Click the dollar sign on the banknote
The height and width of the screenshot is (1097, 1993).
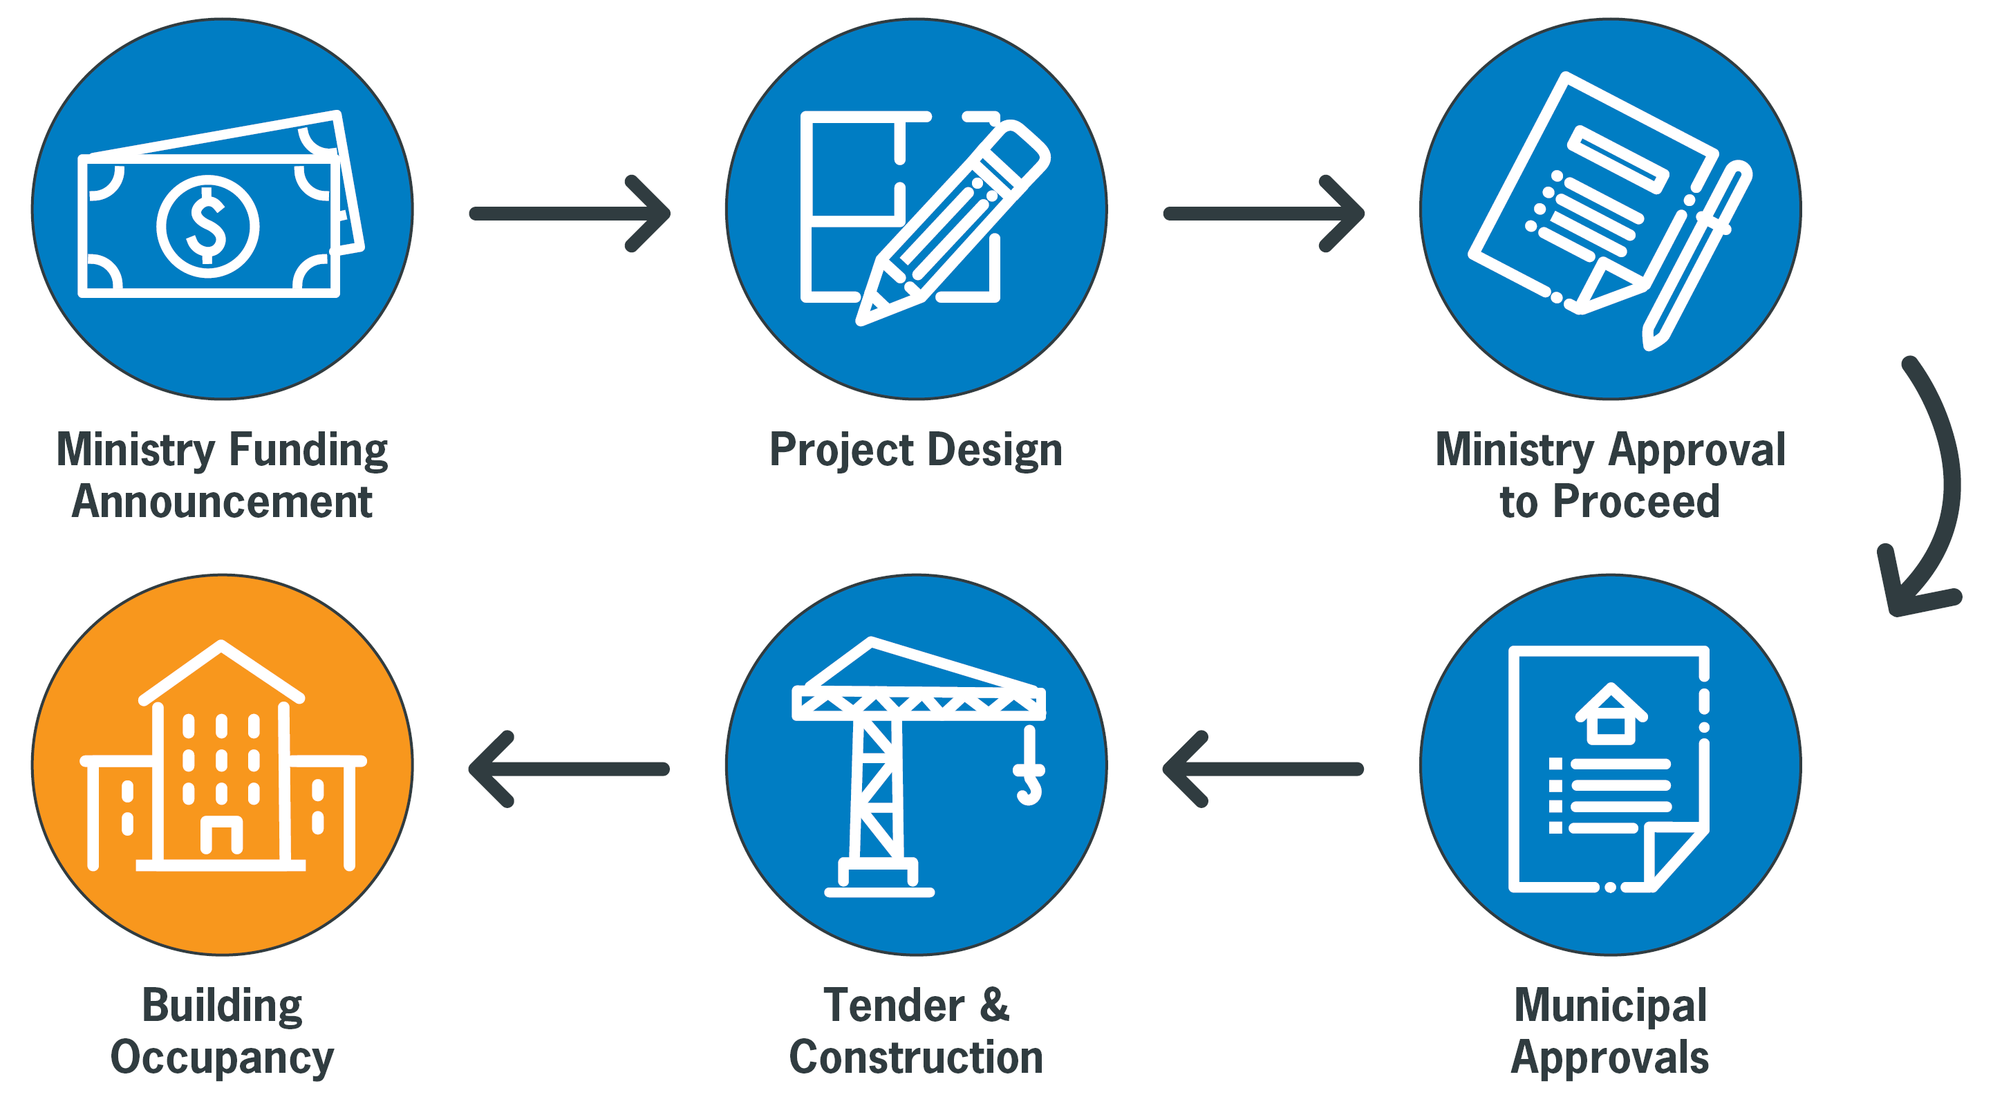click(x=207, y=226)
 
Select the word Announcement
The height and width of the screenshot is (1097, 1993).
click(x=222, y=502)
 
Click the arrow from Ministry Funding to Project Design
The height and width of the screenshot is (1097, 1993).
click(x=570, y=214)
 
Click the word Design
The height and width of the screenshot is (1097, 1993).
click(x=995, y=450)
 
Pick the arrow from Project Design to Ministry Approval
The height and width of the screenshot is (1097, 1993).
click(x=1264, y=214)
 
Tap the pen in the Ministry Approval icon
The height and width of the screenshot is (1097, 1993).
click(x=1699, y=255)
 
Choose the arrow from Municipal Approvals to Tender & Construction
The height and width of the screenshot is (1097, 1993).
click(x=1262, y=769)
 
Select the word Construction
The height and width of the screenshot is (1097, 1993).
click(x=916, y=1058)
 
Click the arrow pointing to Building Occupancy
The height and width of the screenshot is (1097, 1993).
click(x=569, y=769)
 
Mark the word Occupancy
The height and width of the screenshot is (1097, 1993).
click(x=222, y=1058)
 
